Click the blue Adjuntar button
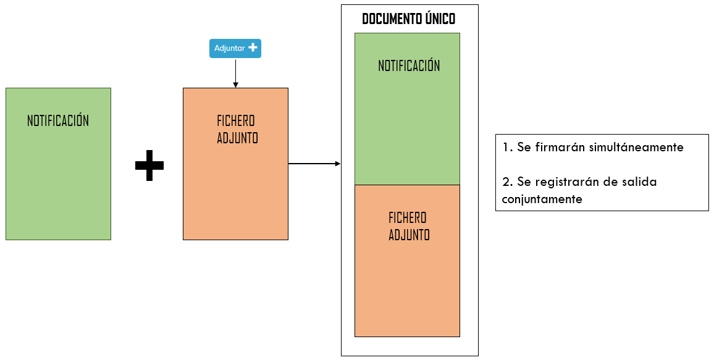click(235, 48)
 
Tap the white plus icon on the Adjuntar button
click(253, 48)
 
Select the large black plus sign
click(149, 165)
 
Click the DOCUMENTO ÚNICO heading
click(408, 19)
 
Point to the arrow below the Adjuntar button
click(235, 73)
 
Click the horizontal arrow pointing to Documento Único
click(314, 164)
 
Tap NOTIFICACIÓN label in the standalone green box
click(58, 120)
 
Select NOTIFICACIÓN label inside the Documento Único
click(409, 65)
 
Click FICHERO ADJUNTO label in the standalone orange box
click(237, 129)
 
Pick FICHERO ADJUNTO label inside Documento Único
click(409, 226)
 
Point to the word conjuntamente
click(542, 199)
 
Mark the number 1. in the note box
click(507, 147)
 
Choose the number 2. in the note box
click(508, 182)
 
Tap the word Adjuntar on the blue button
click(230, 48)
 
